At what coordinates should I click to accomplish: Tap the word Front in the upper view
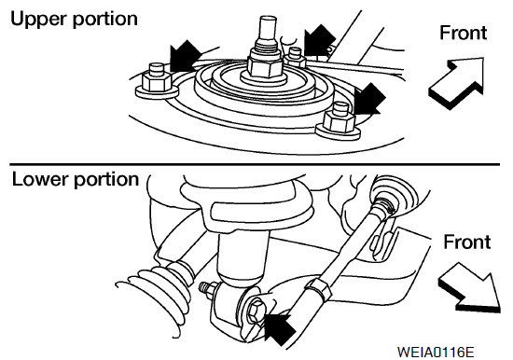point(464,33)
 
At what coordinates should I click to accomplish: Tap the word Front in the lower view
point(467,242)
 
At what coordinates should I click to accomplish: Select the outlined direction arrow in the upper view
point(456,83)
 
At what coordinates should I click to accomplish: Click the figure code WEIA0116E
point(436,353)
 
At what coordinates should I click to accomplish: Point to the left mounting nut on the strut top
point(157,81)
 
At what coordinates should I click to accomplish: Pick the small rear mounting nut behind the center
point(295,58)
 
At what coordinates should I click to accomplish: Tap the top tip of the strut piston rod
point(268,17)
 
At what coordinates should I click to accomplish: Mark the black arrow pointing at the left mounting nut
point(184,56)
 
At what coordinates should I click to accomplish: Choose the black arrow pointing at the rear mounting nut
point(319,40)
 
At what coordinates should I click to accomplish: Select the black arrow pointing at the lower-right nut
point(369,99)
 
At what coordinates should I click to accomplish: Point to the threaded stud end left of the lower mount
point(205,287)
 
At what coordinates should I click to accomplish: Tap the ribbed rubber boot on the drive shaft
point(157,295)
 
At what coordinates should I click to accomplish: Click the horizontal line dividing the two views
point(255,163)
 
